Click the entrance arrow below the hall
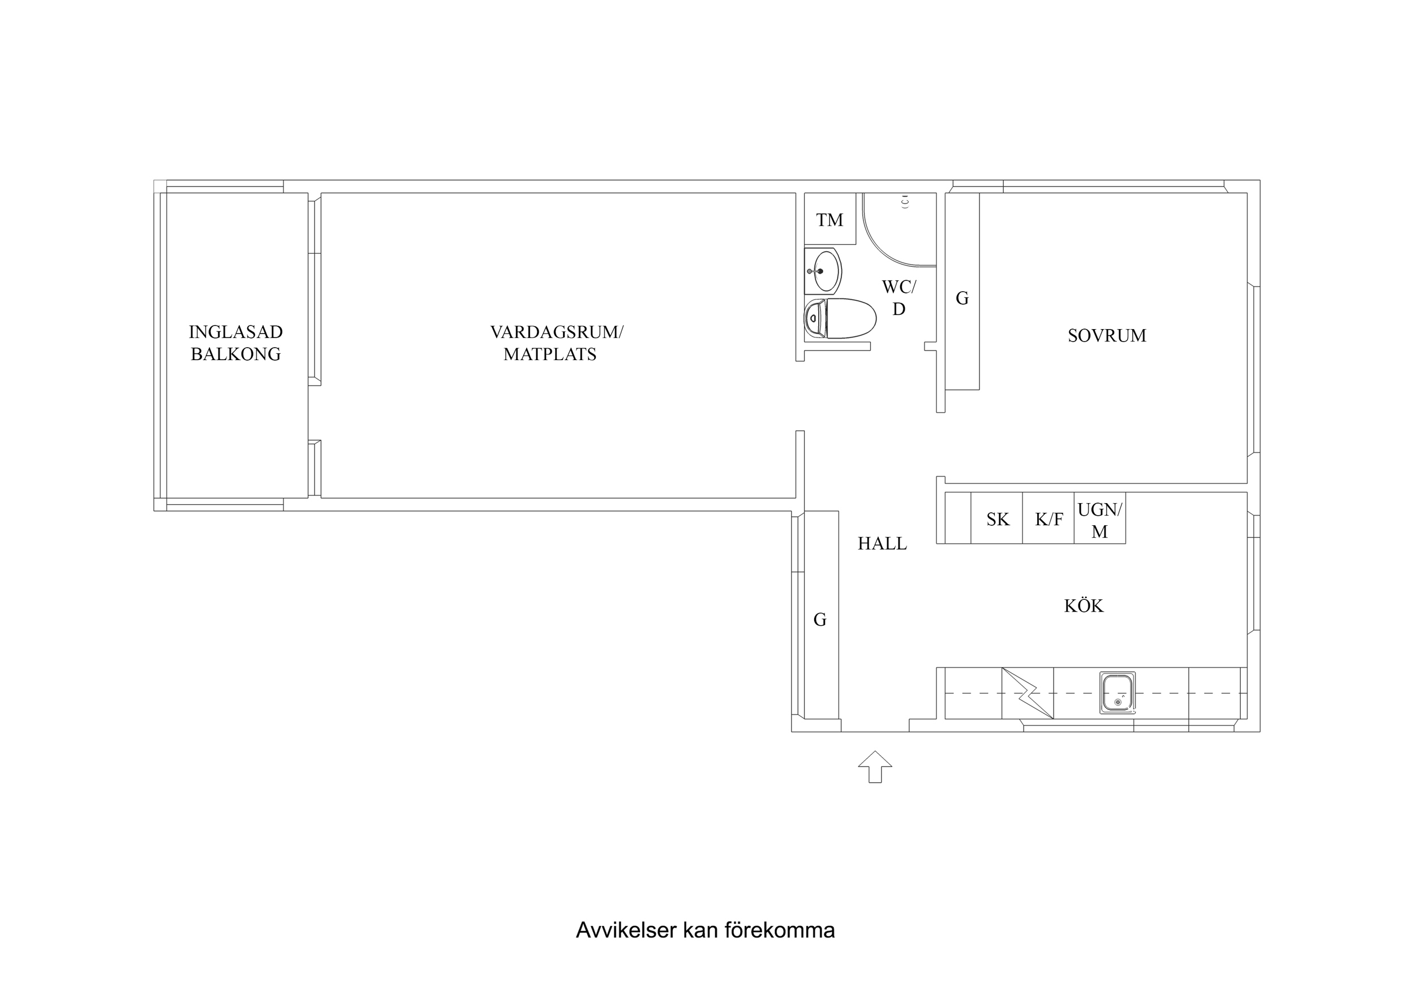[x=875, y=767]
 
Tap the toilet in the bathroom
[x=840, y=319]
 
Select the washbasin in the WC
[x=823, y=271]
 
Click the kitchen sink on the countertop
[x=1117, y=693]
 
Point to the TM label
[x=830, y=220]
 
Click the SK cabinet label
[x=998, y=520]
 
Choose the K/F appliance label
[x=1049, y=520]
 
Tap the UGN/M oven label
[x=1100, y=521]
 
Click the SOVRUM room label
[x=1107, y=335]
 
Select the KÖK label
[x=1084, y=606]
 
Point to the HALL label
[x=882, y=543]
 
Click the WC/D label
[x=899, y=298]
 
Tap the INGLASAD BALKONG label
[x=236, y=343]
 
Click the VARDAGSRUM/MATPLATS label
[x=557, y=343]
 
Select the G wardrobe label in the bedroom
[x=962, y=299]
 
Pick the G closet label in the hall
[x=820, y=620]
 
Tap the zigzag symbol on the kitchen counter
[x=1027, y=693]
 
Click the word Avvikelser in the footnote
[x=626, y=930]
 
